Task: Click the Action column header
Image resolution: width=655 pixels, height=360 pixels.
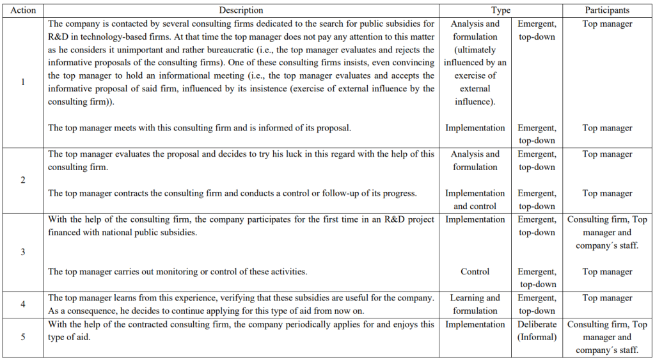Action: pos(23,10)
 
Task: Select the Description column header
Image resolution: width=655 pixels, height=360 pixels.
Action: pos(241,10)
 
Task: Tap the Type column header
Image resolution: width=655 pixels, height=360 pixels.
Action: pos(501,10)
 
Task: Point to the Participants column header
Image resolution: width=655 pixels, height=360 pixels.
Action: pos(607,10)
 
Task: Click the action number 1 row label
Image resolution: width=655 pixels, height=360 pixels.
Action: pos(23,82)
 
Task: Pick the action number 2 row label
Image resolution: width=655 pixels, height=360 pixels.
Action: pos(23,180)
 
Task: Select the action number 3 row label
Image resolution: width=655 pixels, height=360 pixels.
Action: pos(23,252)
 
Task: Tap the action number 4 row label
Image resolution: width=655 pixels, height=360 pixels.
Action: pos(23,304)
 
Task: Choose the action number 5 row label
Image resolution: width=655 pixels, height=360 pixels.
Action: pos(23,337)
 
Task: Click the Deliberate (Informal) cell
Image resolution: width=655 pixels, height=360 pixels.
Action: pos(537,331)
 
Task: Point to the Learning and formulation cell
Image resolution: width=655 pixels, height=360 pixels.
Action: pos(475,304)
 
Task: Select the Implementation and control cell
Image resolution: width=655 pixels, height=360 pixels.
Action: pos(475,200)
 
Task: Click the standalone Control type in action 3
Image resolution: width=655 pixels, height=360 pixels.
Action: pos(475,272)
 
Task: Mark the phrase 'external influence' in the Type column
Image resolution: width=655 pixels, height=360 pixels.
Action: pos(475,95)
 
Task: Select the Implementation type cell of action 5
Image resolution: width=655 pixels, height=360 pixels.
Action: pos(475,324)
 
